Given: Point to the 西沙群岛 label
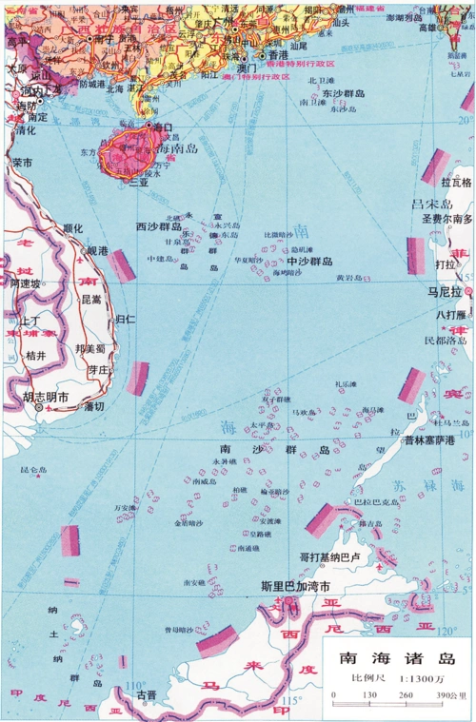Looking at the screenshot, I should [x=159, y=226].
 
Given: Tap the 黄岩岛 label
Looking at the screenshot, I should [x=350, y=278].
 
